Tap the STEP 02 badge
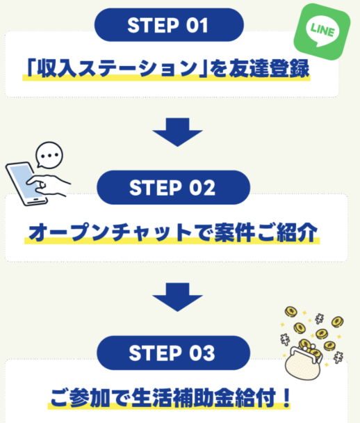pos(172,188)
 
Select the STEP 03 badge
pos(172,353)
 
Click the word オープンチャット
pos(95,232)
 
